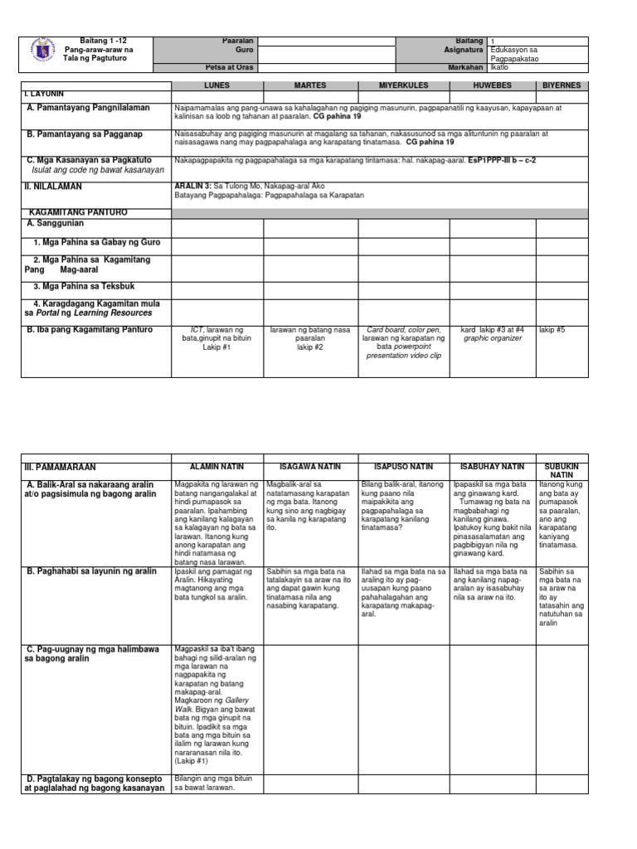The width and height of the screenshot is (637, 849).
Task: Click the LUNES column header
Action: (216, 85)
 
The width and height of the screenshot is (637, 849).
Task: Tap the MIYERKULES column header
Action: (403, 85)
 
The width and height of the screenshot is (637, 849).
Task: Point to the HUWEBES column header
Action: (493, 85)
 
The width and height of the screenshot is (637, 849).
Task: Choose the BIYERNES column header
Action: (562, 85)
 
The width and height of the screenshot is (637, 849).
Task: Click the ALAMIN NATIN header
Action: (216, 467)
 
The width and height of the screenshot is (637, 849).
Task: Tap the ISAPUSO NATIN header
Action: (403, 467)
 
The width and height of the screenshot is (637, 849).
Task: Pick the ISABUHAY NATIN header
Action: (493, 467)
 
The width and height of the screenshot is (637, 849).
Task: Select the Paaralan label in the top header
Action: (238, 41)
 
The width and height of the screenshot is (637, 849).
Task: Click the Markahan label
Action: (467, 66)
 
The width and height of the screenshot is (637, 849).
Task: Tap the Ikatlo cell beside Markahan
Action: (499, 67)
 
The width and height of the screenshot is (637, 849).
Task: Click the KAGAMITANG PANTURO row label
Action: (76, 213)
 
